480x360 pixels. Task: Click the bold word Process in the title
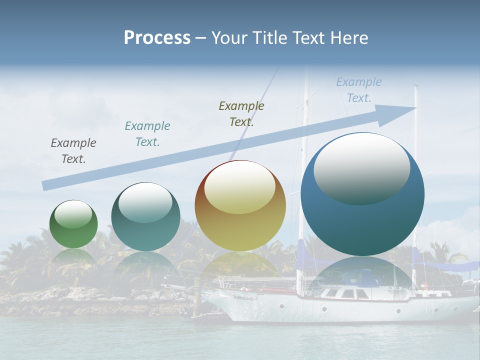(157, 37)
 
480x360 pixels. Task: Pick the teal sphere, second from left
(145, 230)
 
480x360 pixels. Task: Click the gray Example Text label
(73, 151)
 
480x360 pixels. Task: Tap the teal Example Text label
(147, 134)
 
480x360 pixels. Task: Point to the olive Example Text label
(241, 113)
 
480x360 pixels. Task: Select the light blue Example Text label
(359, 90)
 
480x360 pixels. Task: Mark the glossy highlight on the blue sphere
(361, 167)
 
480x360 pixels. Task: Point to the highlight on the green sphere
(73, 214)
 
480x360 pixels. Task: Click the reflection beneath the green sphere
(73, 257)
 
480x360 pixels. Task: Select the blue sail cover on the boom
(440, 265)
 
